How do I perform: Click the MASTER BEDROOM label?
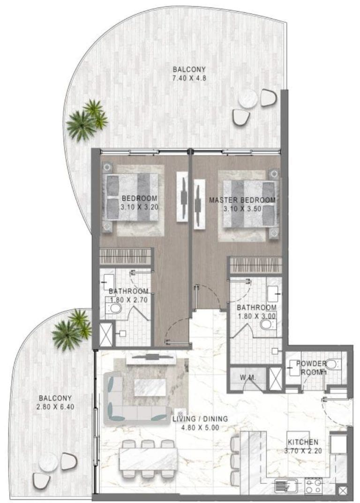242,200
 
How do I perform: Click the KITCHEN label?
303,442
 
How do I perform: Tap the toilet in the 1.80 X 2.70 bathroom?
114,308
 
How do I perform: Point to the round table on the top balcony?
247,99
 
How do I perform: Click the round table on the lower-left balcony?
48,463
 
